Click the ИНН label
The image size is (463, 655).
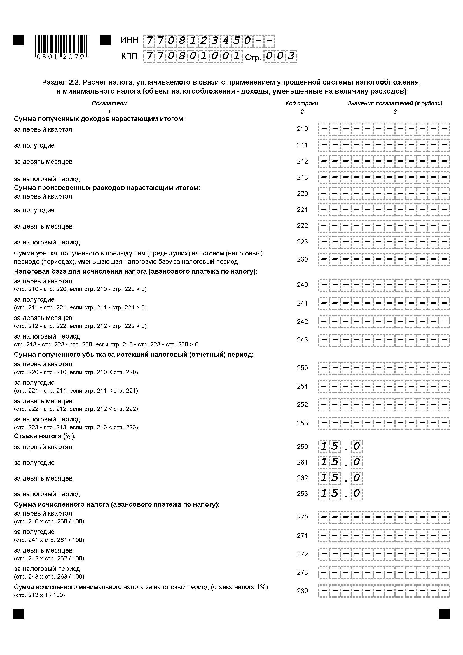(x=129, y=40)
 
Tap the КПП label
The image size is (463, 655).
(x=129, y=56)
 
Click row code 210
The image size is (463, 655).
(x=302, y=129)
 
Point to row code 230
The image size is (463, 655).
(x=302, y=259)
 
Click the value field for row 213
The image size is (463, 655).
(x=384, y=178)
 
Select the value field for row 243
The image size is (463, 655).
(x=384, y=340)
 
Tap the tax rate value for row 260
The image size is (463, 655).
(x=340, y=446)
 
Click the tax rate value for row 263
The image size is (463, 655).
(x=340, y=493)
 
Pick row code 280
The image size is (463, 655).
(x=302, y=591)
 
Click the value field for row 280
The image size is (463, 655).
(x=384, y=591)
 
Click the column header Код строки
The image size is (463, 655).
(x=302, y=103)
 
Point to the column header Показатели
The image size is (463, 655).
(x=109, y=103)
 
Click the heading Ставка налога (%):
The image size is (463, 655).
(x=45, y=436)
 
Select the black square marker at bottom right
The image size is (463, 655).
(x=444, y=614)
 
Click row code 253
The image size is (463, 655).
(x=302, y=423)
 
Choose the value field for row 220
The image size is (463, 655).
(x=384, y=194)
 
